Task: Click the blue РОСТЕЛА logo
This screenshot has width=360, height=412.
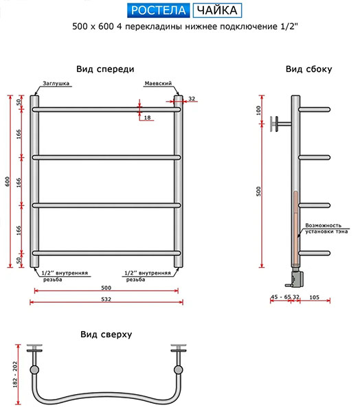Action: click(158, 10)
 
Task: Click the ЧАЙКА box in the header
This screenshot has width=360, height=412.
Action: click(217, 10)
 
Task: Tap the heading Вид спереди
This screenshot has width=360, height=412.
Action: click(105, 69)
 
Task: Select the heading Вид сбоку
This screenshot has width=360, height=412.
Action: click(308, 69)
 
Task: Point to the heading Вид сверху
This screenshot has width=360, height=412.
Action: click(106, 334)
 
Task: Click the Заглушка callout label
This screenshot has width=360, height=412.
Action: click(56, 83)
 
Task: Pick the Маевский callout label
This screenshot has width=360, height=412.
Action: click(158, 83)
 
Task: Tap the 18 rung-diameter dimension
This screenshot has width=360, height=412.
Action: click(148, 117)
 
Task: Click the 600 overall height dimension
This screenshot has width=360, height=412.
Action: click(8, 181)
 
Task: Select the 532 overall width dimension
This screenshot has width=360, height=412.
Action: click(106, 299)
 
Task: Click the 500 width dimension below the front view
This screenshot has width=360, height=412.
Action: click(106, 288)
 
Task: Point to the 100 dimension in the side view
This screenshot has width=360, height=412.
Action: click(258, 111)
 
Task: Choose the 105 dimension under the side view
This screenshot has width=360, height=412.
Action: click(315, 297)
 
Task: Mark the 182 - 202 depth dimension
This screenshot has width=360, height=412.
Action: click(15, 375)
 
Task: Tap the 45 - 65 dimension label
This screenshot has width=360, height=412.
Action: click(281, 297)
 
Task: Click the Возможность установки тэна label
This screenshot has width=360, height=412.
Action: click(326, 229)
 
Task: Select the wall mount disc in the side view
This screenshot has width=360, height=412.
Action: click(274, 124)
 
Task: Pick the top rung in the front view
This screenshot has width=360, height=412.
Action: click(106, 109)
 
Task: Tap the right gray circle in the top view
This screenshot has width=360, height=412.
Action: click(179, 369)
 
